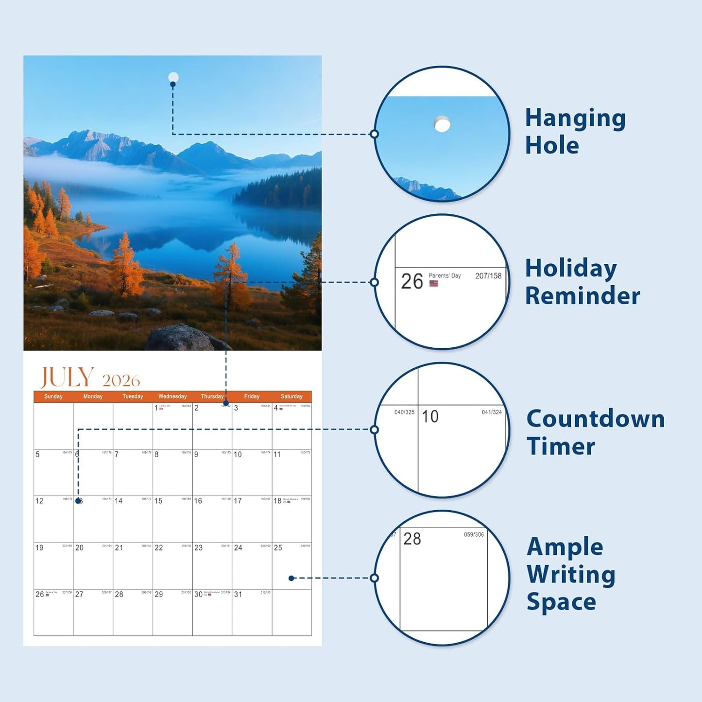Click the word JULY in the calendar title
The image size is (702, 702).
click(67, 377)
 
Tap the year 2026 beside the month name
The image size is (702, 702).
click(121, 380)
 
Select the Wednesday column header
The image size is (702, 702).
click(172, 396)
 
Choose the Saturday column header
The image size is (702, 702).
click(291, 396)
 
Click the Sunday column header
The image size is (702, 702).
click(53, 396)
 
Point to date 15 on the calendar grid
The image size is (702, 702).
click(158, 501)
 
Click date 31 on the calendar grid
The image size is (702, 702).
click(238, 594)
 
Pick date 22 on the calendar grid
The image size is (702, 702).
click(158, 548)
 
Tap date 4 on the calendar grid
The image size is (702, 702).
click(275, 408)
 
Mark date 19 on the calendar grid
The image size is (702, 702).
click(39, 548)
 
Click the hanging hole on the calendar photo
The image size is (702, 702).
click(173, 77)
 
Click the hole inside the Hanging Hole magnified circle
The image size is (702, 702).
click(442, 124)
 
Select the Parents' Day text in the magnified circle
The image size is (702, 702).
click(445, 275)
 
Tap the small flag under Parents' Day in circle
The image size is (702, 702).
click(434, 283)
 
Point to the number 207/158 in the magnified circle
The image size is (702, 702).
click(488, 276)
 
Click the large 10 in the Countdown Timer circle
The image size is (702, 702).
click(430, 416)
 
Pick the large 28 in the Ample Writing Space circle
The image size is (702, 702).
click(412, 539)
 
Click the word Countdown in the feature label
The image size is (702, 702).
click(596, 419)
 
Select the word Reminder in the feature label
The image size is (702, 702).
click(582, 296)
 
